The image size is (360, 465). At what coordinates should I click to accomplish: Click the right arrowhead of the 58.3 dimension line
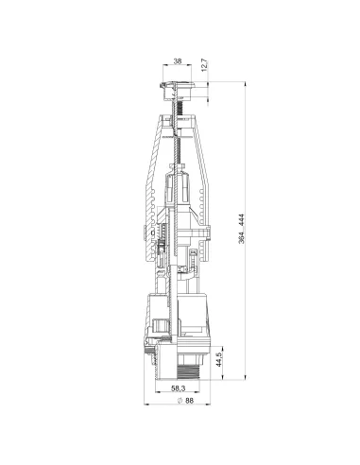(200, 394)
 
